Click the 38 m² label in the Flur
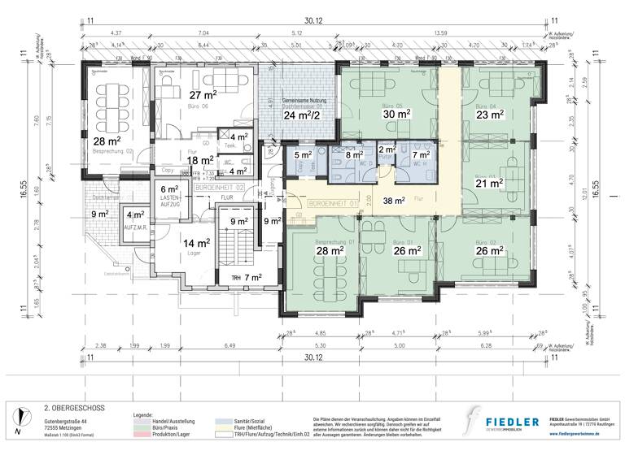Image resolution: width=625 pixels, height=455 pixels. pyautogui.click(x=395, y=200)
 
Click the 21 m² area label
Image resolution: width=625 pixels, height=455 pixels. pyautogui.click(x=490, y=184)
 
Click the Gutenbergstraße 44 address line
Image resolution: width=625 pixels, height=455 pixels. pyautogui.click(x=71, y=422)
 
